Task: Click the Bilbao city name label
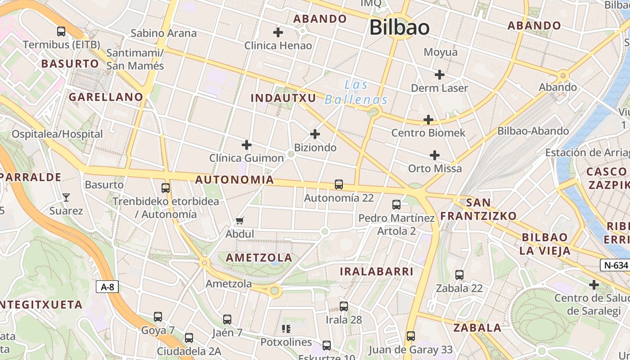click(x=399, y=27)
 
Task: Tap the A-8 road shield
click(x=107, y=287)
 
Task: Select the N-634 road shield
click(x=614, y=265)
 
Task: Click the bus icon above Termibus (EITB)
click(x=61, y=31)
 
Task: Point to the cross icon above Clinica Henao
click(x=278, y=32)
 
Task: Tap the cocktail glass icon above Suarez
click(x=66, y=197)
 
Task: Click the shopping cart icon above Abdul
click(x=240, y=220)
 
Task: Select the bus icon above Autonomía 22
click(x=339, y=184)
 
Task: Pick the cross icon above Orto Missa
click(x=434, y=155)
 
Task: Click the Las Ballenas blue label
click(x=356, y=92)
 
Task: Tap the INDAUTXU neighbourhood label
click(x=283, y=98)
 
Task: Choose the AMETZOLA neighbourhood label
click(x=259, y=258)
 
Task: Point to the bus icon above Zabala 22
click(x=459, y=274)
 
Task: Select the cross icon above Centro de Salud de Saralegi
click(x=594, y=285)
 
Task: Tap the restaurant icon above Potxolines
click(x=286, y=329)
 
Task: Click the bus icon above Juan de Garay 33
click(x=410, y=336)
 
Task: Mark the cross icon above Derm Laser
click(x=439, y=74)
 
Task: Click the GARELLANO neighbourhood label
click(x=106, y=97)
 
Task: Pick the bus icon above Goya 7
click(x=158, y=317)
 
